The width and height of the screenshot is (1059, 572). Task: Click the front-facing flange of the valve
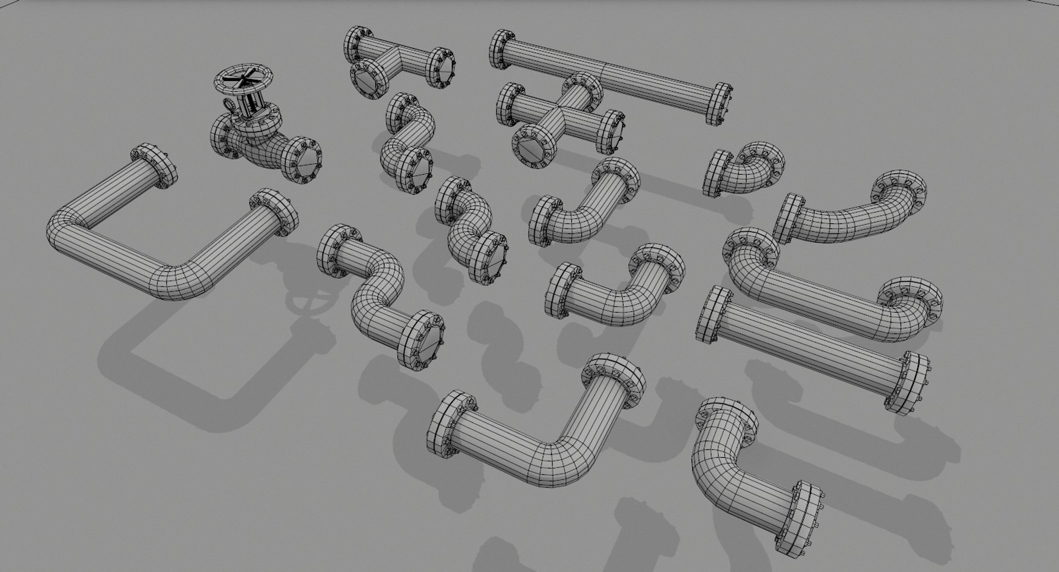point(303,159)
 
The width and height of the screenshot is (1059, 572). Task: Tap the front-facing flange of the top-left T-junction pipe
point(366,80)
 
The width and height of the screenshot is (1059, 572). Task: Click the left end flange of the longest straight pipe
point(501,50)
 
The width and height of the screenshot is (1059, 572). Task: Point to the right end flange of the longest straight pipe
point(719,105)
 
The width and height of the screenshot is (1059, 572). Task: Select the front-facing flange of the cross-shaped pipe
point(534,145)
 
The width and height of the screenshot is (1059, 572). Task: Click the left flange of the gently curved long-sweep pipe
point(787,218)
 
